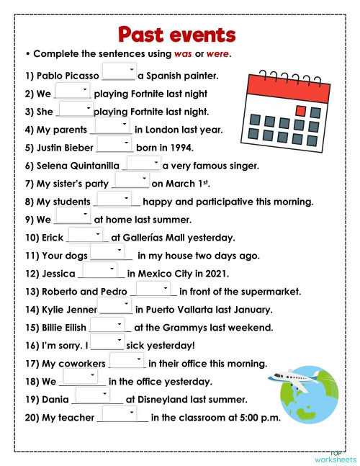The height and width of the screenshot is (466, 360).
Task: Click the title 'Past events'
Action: pyautogui.click(x=176, y=33)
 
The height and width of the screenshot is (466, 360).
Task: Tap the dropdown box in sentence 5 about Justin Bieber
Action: pyautogui.click(x=114, y=145)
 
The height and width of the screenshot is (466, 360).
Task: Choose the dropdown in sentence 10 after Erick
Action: pyautogui.click(x=86, y=236)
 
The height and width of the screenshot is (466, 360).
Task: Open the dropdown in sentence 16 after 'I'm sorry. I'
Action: pyautogui.click(x=107, y=342)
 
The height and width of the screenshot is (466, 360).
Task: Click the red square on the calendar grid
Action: pyautogui.click(x=300, y=111)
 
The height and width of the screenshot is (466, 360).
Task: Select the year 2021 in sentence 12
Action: pyautogui.click(x=215, y=274)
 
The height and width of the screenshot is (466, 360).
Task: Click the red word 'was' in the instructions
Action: pyautogui.click(x=184, y=54)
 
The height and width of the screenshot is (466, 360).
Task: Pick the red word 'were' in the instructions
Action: pyautogui.click(x=217, y=54)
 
